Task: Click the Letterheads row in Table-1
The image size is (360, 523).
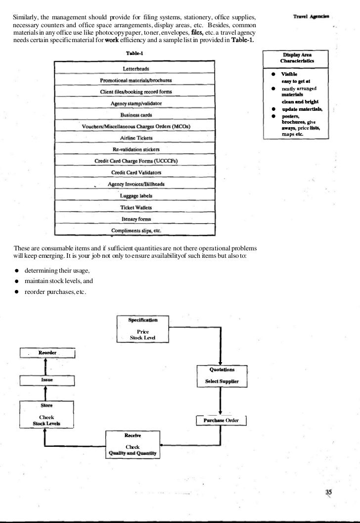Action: tap(136, 68)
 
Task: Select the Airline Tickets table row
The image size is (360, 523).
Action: tap(136, 138)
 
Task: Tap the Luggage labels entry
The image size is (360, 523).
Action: tap(136, 195)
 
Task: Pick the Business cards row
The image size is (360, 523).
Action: tap(136, 115)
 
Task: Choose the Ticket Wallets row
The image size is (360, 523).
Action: tap(136, 207)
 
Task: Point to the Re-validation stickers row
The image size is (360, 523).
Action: tap(136, 149)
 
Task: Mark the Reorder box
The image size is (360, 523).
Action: tap(47, 353)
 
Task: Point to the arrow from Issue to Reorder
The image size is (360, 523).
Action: tap(45, 367)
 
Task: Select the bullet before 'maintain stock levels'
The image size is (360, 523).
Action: tap(17, 281)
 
